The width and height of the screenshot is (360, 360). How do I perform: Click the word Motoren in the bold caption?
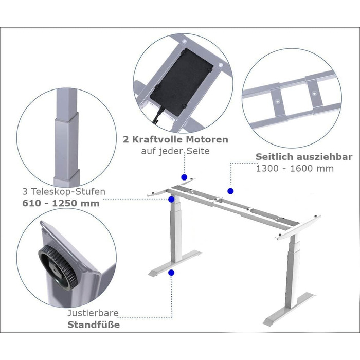[207, 139]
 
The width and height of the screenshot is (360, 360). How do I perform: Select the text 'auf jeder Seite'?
[175, 151]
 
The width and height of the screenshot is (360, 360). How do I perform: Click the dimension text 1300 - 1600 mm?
[295, 169]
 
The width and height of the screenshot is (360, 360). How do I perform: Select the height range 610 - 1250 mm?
[61, 203]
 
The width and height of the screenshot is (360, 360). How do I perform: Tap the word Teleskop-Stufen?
[68, 191]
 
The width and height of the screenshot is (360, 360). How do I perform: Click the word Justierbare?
[93, 313]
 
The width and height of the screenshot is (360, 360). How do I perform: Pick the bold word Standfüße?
[94, 325]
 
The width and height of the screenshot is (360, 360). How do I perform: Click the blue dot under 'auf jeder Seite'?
[184, 177]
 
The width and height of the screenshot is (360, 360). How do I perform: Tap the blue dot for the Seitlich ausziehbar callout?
[230, 191]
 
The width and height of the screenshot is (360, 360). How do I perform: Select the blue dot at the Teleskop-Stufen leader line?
[171, 200]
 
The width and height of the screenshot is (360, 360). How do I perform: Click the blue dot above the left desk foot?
[171, 273]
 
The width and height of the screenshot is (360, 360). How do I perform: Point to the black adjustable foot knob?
[58, 266]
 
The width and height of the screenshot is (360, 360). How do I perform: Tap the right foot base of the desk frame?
[290, 309]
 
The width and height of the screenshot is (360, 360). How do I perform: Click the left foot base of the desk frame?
[175, 263]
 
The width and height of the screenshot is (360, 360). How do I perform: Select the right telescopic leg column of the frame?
[292, 272]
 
